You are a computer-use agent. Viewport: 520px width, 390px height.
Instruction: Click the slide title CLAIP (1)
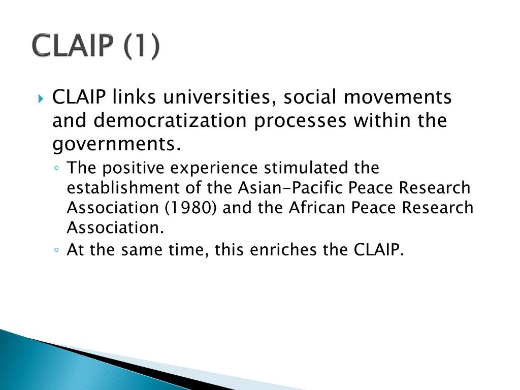[96, 47]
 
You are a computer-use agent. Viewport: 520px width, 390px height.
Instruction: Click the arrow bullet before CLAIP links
[42, 97]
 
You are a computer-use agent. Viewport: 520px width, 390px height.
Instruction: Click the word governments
[117, 145]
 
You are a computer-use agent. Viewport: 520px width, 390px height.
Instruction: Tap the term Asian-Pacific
[291, 188]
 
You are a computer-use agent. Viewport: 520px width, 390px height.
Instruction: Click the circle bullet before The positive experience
[58, 168]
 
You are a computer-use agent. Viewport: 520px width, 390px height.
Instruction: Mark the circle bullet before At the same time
[58, 250]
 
